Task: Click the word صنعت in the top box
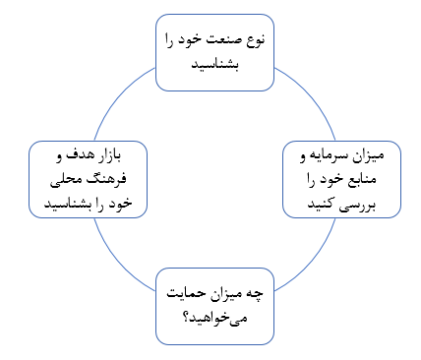pos(224,39)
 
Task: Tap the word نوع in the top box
pos(255,40)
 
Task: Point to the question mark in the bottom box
pos(187,318)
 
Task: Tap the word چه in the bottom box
pos(255,293)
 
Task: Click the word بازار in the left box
pos(105,154)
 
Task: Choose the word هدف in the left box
pos(76,154)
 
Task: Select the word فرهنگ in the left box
pos(109,178)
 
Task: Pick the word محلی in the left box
pos(69,180)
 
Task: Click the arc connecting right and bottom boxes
pos(313,263)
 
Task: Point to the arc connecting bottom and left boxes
pos(117,263)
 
